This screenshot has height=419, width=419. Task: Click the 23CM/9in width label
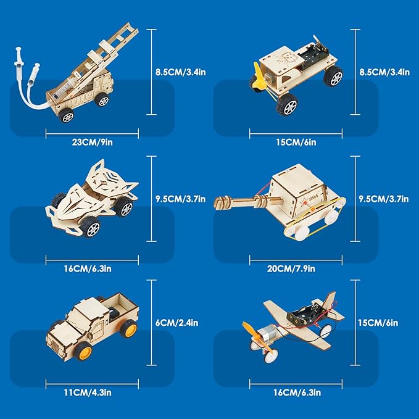(x=92, y=142)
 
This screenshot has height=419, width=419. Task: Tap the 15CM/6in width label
(x=296, y=142)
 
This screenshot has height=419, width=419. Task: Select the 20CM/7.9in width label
(x=291, y=268)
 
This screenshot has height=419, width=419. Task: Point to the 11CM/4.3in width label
(x=88, y=392)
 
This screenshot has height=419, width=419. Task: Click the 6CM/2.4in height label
(x=177, y=323)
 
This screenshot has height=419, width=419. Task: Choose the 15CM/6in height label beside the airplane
(x=378, y=323)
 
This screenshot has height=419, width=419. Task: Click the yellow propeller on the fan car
(x=259, y=75)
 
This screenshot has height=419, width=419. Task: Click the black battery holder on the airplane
(x=307, y=312)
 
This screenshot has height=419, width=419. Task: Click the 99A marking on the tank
(x=312, y=198)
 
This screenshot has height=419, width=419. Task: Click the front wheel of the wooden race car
(x=91, y=228)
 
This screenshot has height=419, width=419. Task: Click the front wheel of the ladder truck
(x=66, y=115)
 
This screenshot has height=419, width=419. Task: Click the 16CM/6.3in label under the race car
(x=88, y=268)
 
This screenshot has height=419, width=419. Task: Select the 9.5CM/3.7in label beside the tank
(x=384, y=199)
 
